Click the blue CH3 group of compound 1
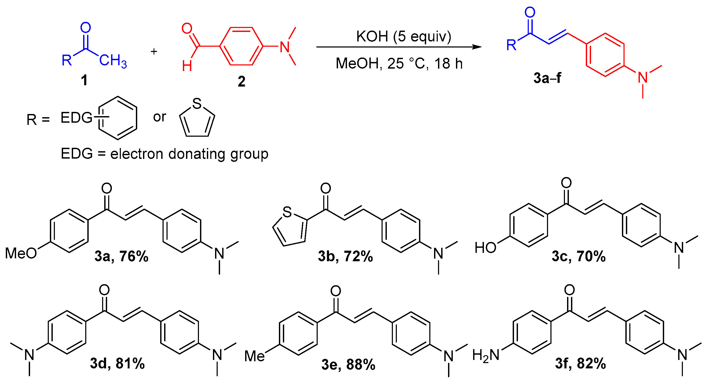coord(113,60)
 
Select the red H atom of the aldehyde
coord(187,66)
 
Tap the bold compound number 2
coord(241,82)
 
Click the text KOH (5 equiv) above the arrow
coord(403,37)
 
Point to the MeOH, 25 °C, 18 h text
coord(399,64)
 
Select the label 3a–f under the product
coord(547,78)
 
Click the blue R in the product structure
coord(511,45)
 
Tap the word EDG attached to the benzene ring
coord(76,118)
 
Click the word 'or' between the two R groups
coord(160,117)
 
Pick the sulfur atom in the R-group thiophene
coord(197,104)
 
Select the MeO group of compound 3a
coord(21,253)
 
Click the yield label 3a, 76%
coord(121,256)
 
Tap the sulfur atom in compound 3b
coord(287,212)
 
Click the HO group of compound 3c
coord(485,248)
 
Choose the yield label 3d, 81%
coord(117,363)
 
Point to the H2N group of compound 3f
coord(486,355)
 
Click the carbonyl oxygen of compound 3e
coord(336,291)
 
